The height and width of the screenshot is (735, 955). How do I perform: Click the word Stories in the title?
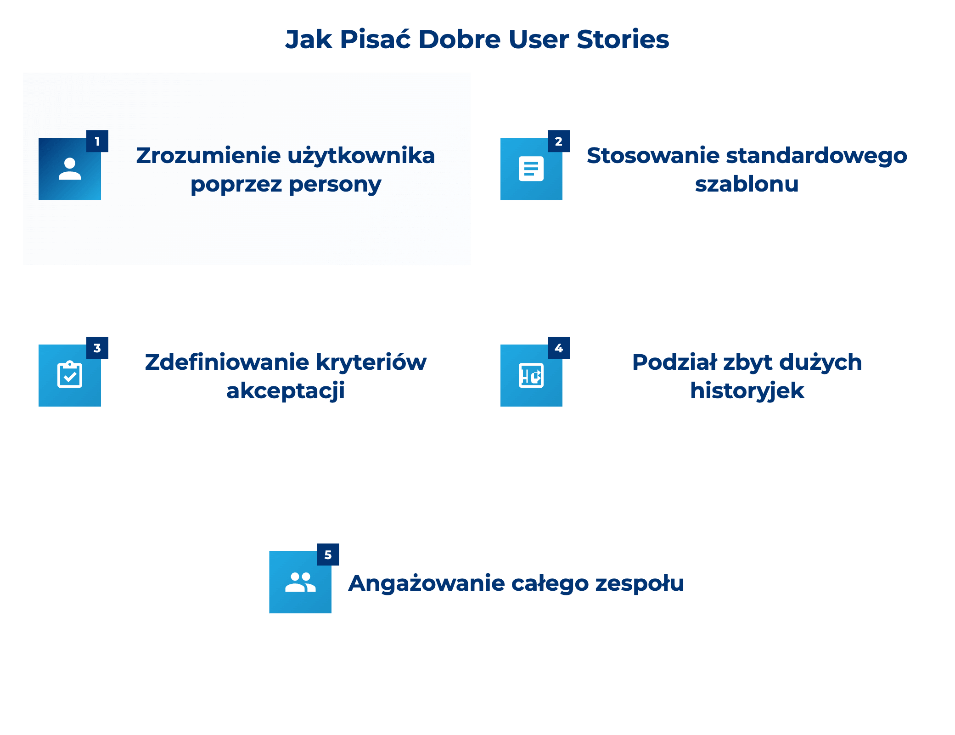pos(623,40)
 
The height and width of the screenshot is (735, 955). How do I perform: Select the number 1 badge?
pos(97,141)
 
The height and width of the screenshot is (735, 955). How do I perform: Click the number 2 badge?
pos(558,141)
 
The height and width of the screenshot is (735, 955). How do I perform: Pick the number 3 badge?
pos(97,348)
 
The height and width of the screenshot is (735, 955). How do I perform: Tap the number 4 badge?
pos(558,348)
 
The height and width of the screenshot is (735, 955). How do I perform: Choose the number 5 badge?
pos(328,554)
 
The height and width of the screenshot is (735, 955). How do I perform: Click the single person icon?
pos(70,169)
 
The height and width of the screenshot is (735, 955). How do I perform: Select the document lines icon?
pos(531,169)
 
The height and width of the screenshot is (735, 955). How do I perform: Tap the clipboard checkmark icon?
pos(70,375)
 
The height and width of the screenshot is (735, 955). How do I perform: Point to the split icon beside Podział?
pos(531,375)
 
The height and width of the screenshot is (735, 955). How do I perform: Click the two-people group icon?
pos(300,582)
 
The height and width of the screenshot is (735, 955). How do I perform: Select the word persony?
pos(335,185)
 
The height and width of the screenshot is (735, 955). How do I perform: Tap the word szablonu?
pos(747,184)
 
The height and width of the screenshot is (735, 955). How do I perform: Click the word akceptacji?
pos(286,391)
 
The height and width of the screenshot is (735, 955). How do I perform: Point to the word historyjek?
pos(747,391)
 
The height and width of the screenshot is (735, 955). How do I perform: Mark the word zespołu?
pos(639,584)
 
